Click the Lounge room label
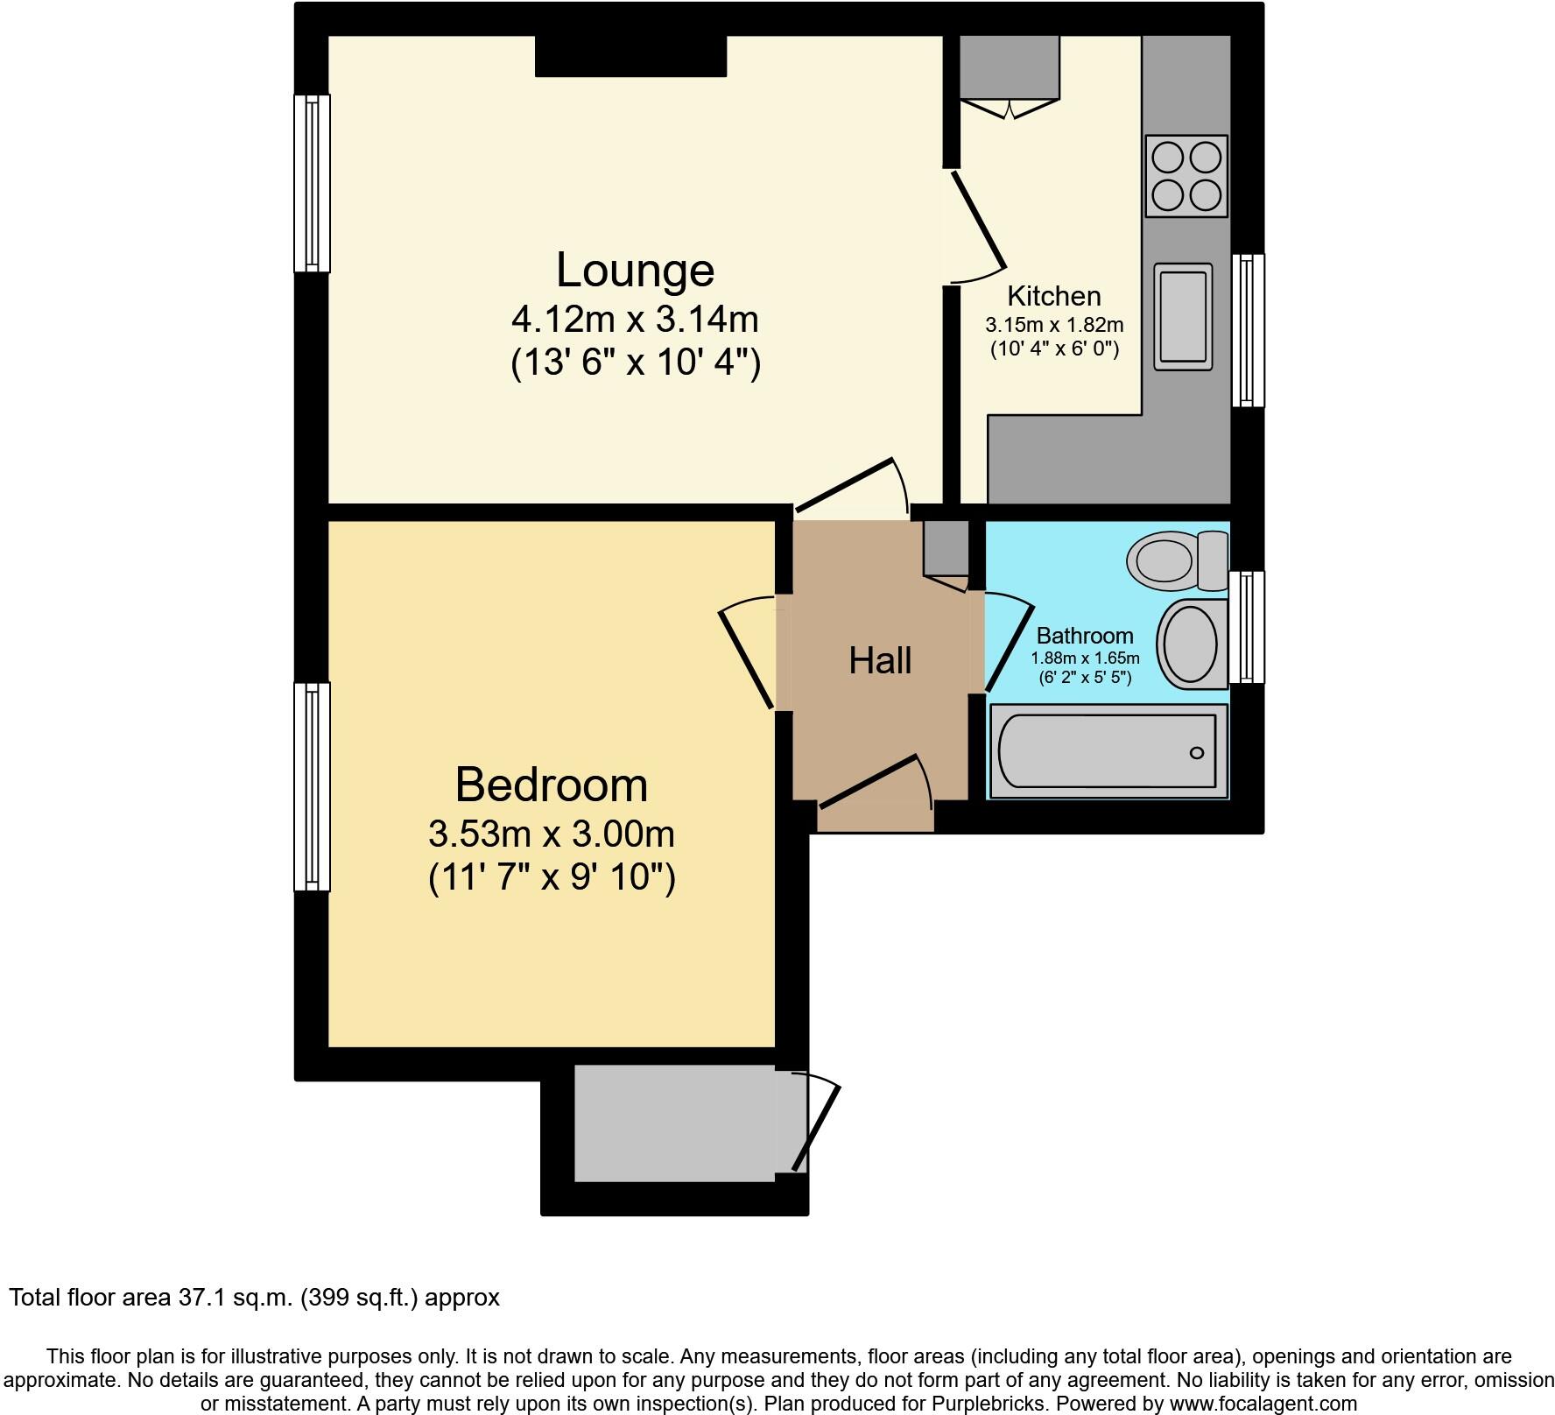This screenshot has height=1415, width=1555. [x=635, y=270]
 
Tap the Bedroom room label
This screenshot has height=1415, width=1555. [x=551, y=785]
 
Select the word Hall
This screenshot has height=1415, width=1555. [x=880, y=660]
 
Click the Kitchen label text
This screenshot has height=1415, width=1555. [x=1053, y=296]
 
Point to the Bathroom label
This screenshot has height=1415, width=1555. [x=1084, y=636]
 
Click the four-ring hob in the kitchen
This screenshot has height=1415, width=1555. [x=1186, y=176]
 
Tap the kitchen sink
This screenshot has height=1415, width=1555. [x=1183, y=316]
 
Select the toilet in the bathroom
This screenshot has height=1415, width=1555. [x=1177, y=560]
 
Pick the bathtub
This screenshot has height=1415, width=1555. [x=1107, y=752]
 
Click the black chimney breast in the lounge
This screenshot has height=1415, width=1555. [x=630, y=56]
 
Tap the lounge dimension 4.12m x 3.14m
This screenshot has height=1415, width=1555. [x=635, y=320]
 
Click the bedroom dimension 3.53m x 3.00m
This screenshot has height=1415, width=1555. [x=551, y=834]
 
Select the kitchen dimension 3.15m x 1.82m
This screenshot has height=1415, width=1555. [x=1054, y=326]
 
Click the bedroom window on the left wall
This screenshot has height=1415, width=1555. [x=312, y=786]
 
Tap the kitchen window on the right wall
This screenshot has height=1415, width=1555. [x=1249, y=330]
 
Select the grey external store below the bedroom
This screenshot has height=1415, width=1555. [x=674, y=1123]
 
